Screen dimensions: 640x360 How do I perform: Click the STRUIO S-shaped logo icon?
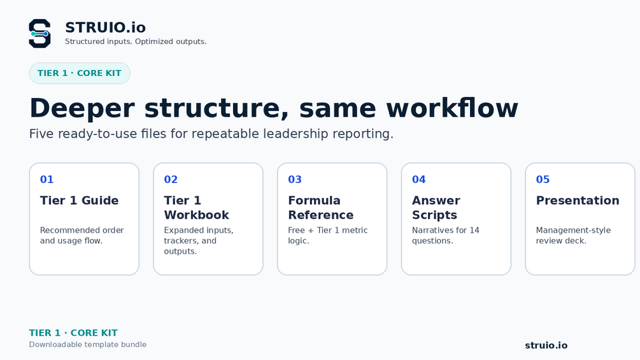[39, 34]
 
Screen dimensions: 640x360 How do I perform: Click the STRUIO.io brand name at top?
[105, 27]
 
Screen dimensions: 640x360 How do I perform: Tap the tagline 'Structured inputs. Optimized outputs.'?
[136, 41]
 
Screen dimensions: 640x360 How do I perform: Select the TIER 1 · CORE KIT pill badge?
[80, 73]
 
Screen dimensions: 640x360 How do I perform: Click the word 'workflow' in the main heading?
[452, 108]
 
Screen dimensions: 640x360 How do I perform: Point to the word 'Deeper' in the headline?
[82, 108]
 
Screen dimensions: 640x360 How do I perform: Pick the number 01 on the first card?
[47, 180]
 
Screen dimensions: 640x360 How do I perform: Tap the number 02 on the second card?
[171, 180]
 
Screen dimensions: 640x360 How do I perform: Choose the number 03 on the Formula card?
[295, 180]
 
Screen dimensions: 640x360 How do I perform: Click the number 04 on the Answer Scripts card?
[419, 180]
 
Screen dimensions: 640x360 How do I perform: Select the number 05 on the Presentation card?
[543, 180]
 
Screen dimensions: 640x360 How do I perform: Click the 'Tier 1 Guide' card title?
[79, 201]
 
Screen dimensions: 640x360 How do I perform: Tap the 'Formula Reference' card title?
[321, 208]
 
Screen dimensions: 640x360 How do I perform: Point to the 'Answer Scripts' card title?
[436, 208]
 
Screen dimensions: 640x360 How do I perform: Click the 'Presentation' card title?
[578, 201]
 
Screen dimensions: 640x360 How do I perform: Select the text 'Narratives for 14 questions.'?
[446, 236]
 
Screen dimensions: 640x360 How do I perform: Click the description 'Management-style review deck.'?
[574, 236]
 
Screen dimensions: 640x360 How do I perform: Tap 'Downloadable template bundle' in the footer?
[88, 345]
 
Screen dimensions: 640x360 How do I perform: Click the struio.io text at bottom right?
[546, 345]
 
